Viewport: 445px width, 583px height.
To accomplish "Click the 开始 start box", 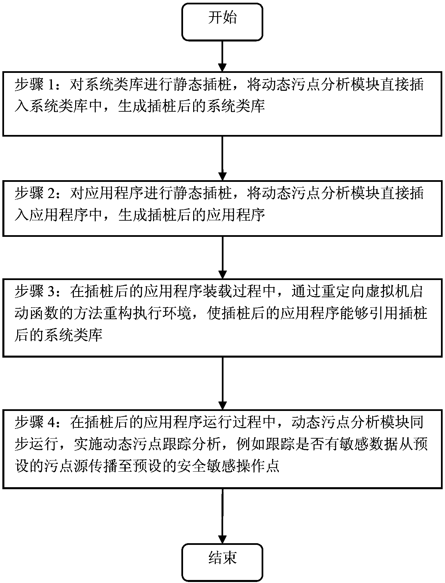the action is pos(222,22).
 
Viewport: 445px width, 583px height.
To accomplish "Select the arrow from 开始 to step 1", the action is pos(222,56).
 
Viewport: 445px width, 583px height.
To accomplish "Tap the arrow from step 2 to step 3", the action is pos(222,257).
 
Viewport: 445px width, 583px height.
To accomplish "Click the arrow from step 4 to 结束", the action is pos(222,516).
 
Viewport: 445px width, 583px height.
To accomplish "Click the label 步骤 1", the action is pos(36,85).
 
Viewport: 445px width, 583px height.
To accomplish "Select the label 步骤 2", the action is pos(36,194).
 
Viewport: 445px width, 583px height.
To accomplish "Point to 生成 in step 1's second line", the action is pos(133,107).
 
